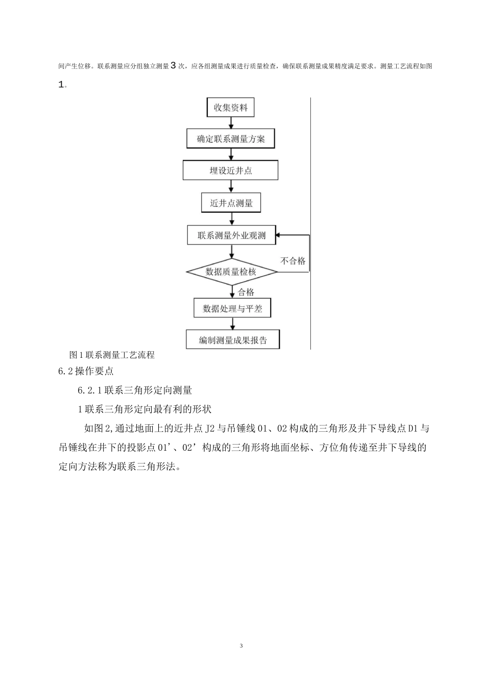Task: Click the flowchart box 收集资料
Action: (x=230, y=108)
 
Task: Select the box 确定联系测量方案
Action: (x=231, y=138)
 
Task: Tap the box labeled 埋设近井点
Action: (x=231, y=170)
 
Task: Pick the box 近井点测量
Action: (x=231, y=203)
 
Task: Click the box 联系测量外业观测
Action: (x=232, y=236)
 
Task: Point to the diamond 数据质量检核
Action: (x=232, y=272)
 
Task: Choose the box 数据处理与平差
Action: (x=232, y=308)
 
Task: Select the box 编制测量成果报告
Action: (x=233, y=340)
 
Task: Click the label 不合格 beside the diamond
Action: (x=293, y=261)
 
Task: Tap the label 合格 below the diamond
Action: (x=246, y=292)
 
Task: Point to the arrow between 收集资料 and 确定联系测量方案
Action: (x=231, y=123)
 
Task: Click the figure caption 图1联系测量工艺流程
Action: (x=112, y=355)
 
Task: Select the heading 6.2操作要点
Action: (x=86, y=371)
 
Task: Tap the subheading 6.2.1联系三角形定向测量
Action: (x=135, y=390)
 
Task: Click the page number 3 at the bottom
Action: (x=241, y=646)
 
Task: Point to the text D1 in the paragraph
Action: (x=413, y=428)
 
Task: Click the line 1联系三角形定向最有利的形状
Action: (x=144, y=409)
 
